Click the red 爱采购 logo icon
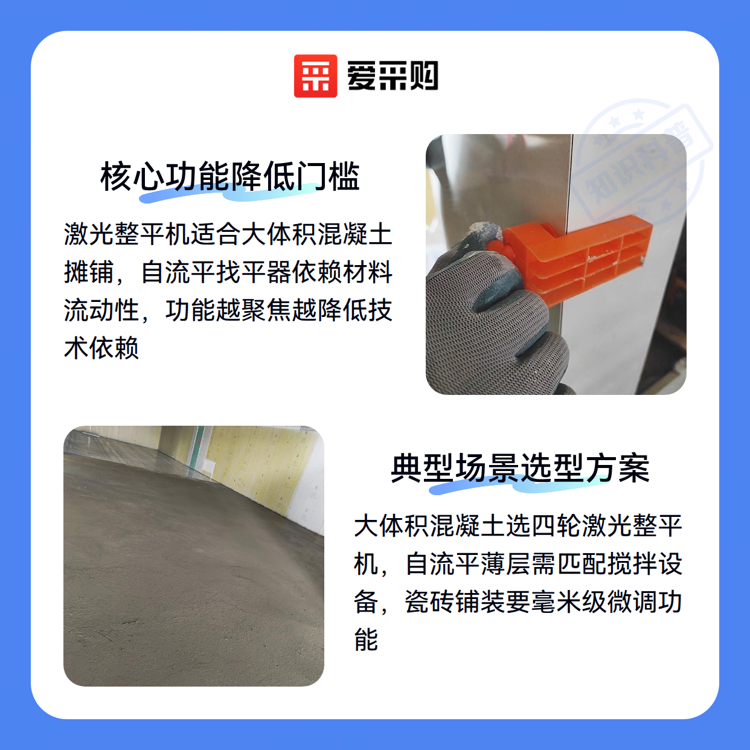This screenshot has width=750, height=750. pyautogui.click(x=315, y=76)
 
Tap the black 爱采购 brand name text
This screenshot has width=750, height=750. pyautogui.click(x=393, y=76)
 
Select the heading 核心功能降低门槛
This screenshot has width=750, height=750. pyautogui.click(x=229, y=177)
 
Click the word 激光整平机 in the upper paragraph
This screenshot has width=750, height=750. pyautogui.click(x=127, y=235)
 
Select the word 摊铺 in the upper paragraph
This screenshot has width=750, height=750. pyautogui.click(x=89, y=272)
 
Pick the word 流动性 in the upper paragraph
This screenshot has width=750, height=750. pyautogui.click(x=101, y=310)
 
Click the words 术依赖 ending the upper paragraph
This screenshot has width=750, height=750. pyautogui.click(x=101, y=348)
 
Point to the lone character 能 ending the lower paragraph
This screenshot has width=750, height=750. pyautogui.click(x=366, y=640)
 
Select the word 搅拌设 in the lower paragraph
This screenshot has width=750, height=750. pyautogui.click(x=644, y=565)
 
